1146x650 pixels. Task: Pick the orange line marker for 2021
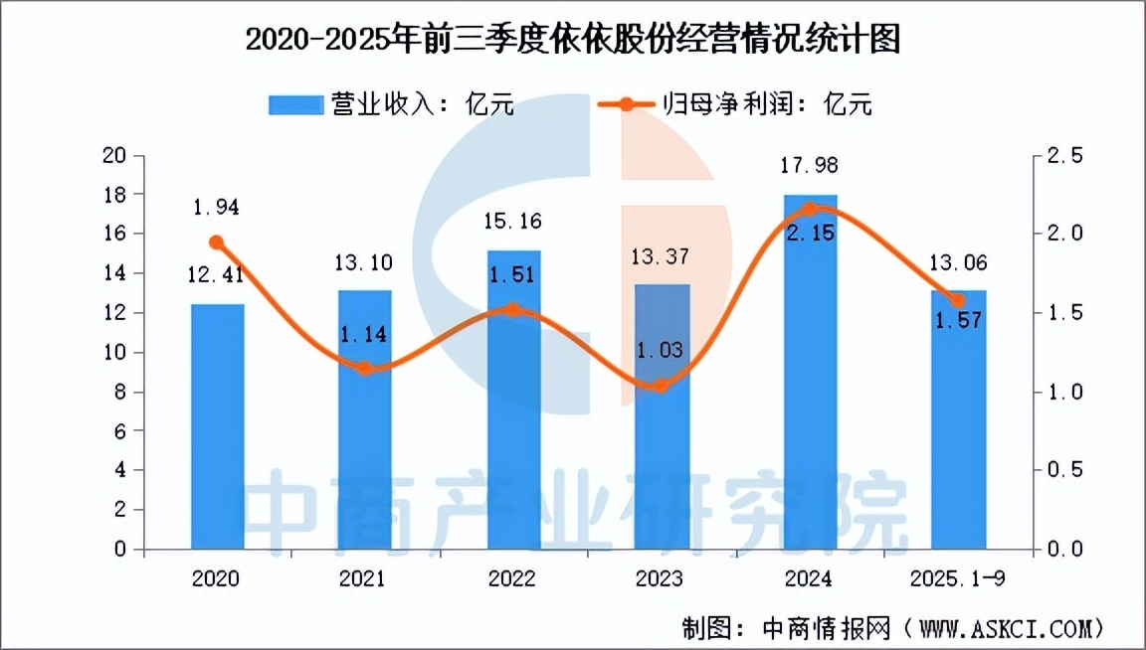365,369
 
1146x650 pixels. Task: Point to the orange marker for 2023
662,386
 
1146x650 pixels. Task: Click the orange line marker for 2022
513,310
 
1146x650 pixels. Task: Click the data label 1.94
217,208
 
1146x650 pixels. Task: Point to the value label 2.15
810,233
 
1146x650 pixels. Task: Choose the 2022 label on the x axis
513,578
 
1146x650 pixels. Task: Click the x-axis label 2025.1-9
958,578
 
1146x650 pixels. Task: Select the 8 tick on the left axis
120,392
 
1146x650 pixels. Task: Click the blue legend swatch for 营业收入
295,104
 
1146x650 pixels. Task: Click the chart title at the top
572,40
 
